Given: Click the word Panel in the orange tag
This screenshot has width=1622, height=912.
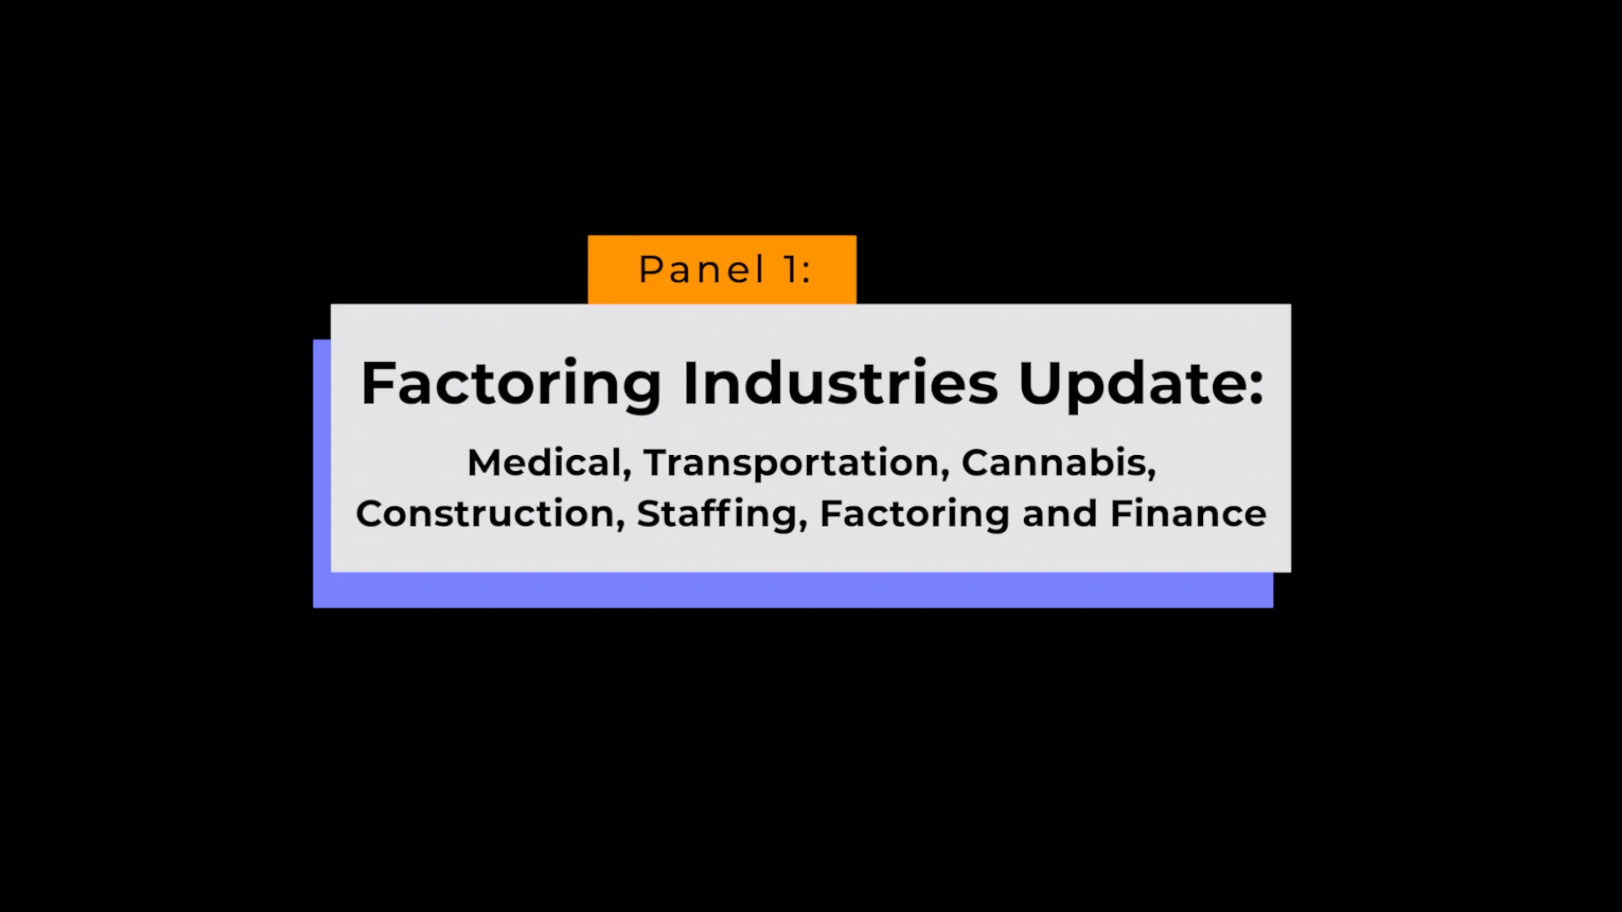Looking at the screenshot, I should coord(701,270).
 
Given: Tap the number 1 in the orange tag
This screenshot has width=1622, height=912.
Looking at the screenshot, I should coord(792,270).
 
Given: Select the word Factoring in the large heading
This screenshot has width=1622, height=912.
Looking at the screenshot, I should coord(511,384).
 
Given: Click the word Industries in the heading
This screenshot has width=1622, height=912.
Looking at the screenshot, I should coord(841,384).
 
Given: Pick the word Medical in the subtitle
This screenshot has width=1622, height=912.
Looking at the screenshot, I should coord(544,463).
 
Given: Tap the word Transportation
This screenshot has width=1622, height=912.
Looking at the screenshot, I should coord(791,463).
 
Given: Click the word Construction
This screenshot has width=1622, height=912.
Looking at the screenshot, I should coord(485,513).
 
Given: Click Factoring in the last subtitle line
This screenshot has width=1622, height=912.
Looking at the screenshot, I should coord(914,513).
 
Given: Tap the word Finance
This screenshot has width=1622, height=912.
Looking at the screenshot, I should coord(1188,513).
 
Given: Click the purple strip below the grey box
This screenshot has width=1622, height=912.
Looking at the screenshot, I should coord(794,590).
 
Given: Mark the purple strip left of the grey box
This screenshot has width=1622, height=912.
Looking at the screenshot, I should coord(322,473).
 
